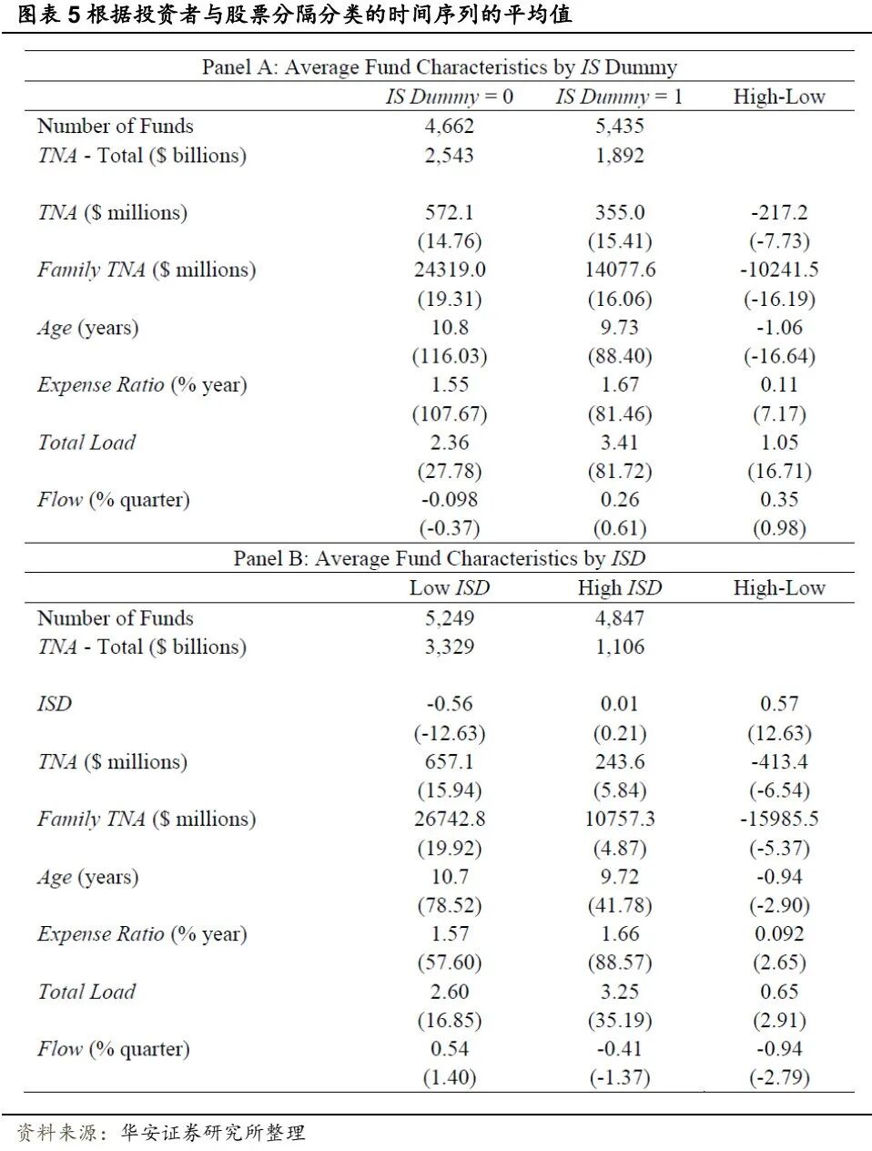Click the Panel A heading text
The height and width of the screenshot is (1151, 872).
coord(439,67)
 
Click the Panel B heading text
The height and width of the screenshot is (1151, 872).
coord(439,558)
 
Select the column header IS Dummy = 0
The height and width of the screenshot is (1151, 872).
coord(450,97)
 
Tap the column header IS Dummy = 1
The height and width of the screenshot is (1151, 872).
coord(619,97)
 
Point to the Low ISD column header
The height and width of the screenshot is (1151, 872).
coord(450,588)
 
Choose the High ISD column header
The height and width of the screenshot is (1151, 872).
coord(619,588)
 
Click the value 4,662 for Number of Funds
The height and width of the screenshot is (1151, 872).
coord(450,126)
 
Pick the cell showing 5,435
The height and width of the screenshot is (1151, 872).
coord(619,126)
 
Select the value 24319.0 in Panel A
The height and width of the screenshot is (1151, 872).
coord(450,270)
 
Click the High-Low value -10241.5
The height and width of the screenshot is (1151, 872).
coord(778,270)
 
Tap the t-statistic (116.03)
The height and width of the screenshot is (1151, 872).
coord(450,356)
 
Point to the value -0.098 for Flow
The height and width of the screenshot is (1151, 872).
coord(450,499)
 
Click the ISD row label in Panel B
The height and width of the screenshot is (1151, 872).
coord(55,704)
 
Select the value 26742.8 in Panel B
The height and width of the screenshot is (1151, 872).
coord(450,819)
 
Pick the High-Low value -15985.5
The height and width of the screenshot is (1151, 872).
coord(778,819)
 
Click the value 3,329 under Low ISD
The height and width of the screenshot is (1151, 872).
coord(450,647)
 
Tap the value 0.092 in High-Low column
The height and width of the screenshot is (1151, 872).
coord(778,934)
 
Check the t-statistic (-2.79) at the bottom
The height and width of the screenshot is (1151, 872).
coord(778,1078)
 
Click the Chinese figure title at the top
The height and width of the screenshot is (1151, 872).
coord(295,15)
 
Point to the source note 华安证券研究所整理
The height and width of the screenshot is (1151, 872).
coord(213,1133)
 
